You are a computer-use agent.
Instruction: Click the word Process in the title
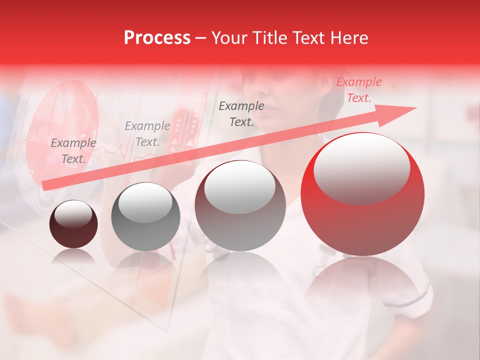(x=157, y=38)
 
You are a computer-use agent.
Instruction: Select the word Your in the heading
(x=228, y=38)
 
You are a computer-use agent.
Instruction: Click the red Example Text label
(x=358, y=90)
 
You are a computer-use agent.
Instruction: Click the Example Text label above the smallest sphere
(x=73, y=151)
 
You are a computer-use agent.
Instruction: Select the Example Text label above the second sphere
(x=147, y=134)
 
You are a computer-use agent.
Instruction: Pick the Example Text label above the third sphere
(x=241, y=113)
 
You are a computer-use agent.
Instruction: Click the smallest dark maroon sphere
(x=73, y=224)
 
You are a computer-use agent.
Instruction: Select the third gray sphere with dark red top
(x=240, y=206)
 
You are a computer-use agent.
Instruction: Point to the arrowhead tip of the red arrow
(x=415, y=108)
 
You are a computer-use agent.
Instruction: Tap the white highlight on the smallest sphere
(x=73, y=214)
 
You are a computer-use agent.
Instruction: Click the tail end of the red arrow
(x=44, y=185)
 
